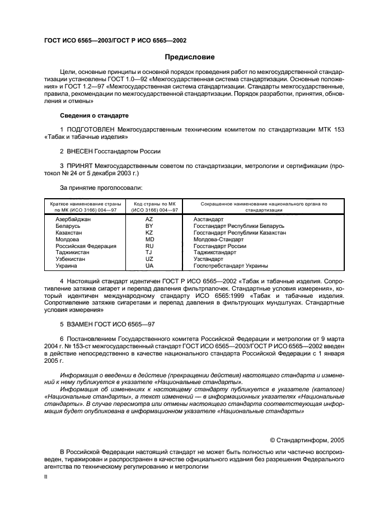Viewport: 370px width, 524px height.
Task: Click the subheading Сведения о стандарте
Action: click(x=94, y=115)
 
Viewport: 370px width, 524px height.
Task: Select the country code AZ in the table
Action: click(x=149, y=219)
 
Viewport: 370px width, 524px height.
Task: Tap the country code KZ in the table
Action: click(x=149, y=232)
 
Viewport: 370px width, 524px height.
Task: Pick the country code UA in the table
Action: click(x=149, y=266)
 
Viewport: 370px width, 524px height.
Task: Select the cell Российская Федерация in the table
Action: click(x=86, y=246)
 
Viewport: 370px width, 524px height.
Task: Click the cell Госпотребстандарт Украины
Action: click(x=230, y=266)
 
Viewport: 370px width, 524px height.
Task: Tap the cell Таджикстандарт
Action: click(x=214, y=252)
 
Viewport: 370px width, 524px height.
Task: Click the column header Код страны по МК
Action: click(x=154, y=204)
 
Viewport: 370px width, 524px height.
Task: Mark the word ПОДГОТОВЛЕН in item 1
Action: click(x=92, y=130)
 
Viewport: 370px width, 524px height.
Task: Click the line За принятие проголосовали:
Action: click(x=101, y=188)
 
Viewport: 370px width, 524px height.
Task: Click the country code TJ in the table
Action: click(x=149, y=252)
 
